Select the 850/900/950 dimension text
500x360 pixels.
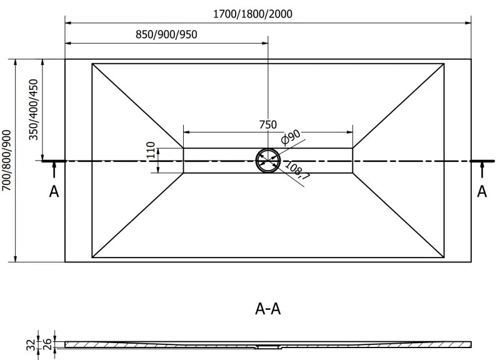pyautogui.click(x=166, y=34)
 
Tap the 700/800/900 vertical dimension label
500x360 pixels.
pyautogui.click(x=7, y=161)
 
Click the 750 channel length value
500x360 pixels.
pyautogui.click(x=267, y=124)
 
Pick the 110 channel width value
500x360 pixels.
pyautogui.click(x=150, y=152)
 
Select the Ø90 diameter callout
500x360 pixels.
pyautogui.click(x=291, y=137)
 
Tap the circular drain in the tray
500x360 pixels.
pyautogui.click(x=268, y=161)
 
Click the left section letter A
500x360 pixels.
pyautogui.click(x=54, y=191)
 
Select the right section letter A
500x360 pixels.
pyautogui.click(x=482, y=191)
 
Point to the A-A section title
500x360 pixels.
pyautogui.click(x=268, y=308)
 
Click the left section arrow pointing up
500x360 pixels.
pyautogui.click(x=54, y=168)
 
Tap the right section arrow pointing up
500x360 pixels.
pyautogui.click(x=482, y=168)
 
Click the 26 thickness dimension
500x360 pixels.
pyautogui.click(x=46, y=343)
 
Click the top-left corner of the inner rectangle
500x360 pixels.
pyautogui.click(x=92, y=63)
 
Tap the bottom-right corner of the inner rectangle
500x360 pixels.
pyautogui.click(x=444, y=257)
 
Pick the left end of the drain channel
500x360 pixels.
pyautogui.click(x=183, y=161)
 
